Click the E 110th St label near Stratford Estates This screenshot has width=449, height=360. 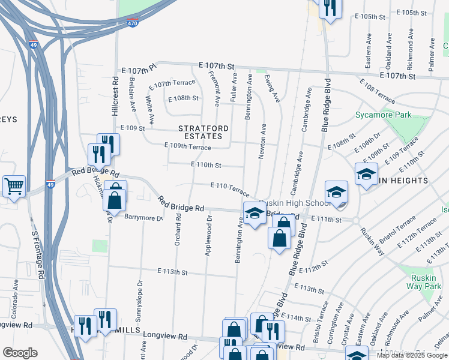coord(206,164)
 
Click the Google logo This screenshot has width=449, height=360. coord(20,353)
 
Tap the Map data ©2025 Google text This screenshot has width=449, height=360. coord(411,355)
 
